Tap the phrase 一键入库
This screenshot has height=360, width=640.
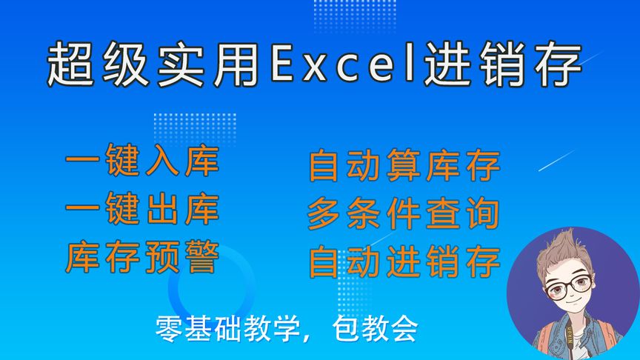click(x=142, y=164)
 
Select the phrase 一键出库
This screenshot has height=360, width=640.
click(x=142, y=210)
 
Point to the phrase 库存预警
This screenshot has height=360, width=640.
click(x=142, y=258)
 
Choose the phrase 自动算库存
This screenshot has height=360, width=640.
click(x=404, y=167)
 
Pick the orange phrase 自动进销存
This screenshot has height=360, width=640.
click(x=404, y=261)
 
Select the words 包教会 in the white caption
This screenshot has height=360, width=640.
click(x=376, y=327)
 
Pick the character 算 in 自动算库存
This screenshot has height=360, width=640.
click(x=404, y=167)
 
